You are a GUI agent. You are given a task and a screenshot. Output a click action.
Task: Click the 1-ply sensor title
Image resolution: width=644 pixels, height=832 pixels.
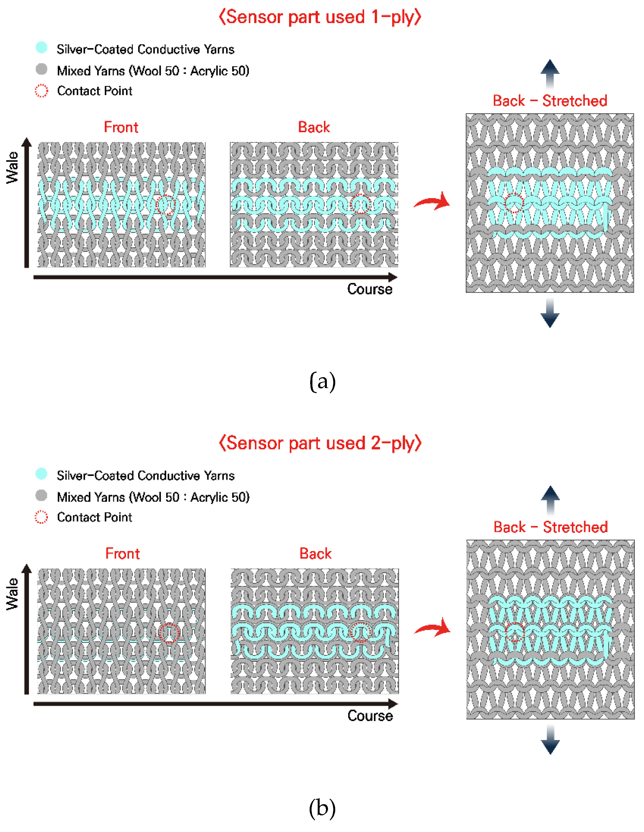point(320,18)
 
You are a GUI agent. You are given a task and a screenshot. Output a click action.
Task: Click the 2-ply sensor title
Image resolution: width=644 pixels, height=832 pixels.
point(320,443)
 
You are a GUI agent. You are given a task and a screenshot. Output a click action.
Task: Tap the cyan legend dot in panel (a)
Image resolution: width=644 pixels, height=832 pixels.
point(41,48)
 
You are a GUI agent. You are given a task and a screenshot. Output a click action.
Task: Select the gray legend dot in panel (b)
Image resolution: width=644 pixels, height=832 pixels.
point(41,495)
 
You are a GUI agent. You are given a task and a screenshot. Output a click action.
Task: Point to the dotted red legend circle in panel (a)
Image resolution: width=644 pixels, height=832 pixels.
point(41,91)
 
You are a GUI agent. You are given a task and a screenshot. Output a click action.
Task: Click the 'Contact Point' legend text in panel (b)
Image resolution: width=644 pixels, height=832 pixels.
point(95,517)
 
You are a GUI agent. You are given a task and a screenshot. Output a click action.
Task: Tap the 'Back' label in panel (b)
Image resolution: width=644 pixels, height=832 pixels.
point(315,553)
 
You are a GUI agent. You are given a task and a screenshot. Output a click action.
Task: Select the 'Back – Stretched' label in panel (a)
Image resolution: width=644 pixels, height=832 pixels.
point(550,101)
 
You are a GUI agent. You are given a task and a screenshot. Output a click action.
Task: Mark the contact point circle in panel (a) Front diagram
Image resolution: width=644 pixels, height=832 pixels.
point(166,205)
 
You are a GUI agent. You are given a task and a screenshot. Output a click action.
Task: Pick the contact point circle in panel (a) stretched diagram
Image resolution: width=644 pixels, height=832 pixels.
point(514,203)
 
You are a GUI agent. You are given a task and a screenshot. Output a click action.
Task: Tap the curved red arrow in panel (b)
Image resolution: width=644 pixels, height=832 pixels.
point(433,628)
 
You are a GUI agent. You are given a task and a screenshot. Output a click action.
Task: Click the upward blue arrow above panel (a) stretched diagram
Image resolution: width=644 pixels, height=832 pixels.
point(550,73)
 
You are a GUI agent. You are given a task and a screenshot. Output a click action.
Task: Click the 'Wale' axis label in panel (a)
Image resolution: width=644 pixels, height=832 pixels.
point(12,168)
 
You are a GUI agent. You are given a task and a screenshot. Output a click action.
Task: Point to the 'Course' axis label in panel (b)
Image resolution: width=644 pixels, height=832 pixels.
point(370,716)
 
